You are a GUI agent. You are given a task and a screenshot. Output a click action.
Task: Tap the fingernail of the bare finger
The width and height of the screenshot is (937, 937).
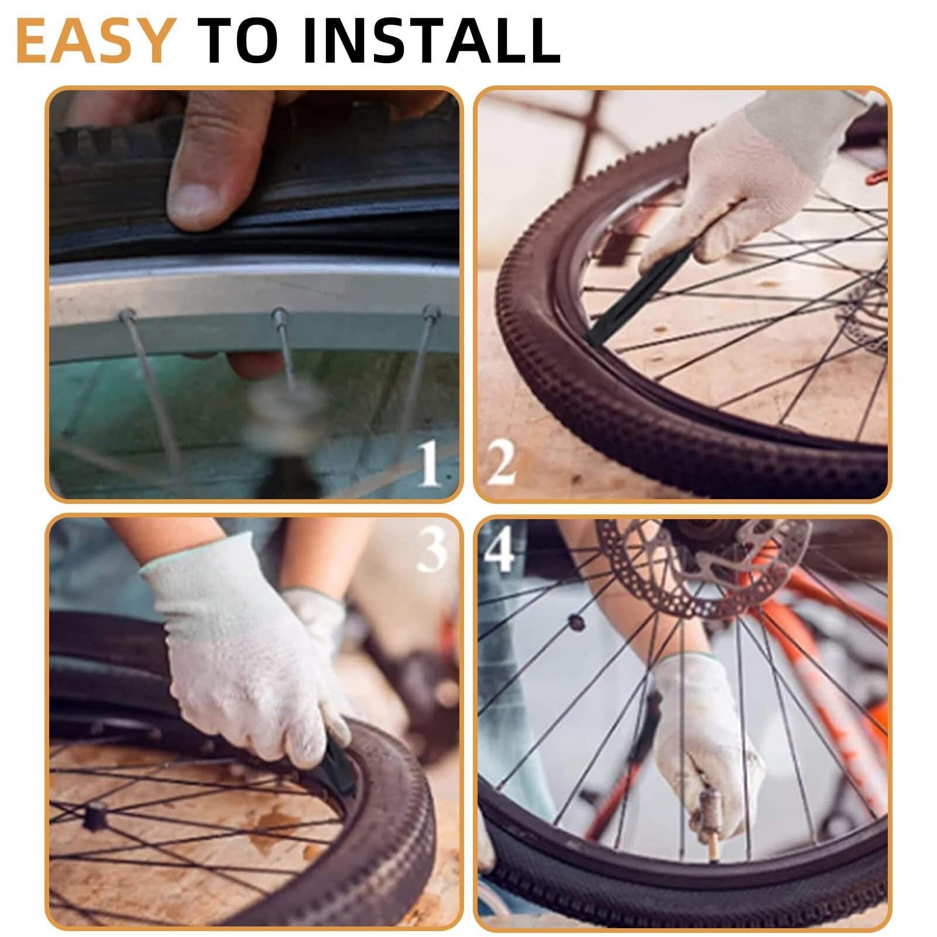[x=195, y=200]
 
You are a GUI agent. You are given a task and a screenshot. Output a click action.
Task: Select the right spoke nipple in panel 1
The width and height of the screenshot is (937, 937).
[x=431, y=312]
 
